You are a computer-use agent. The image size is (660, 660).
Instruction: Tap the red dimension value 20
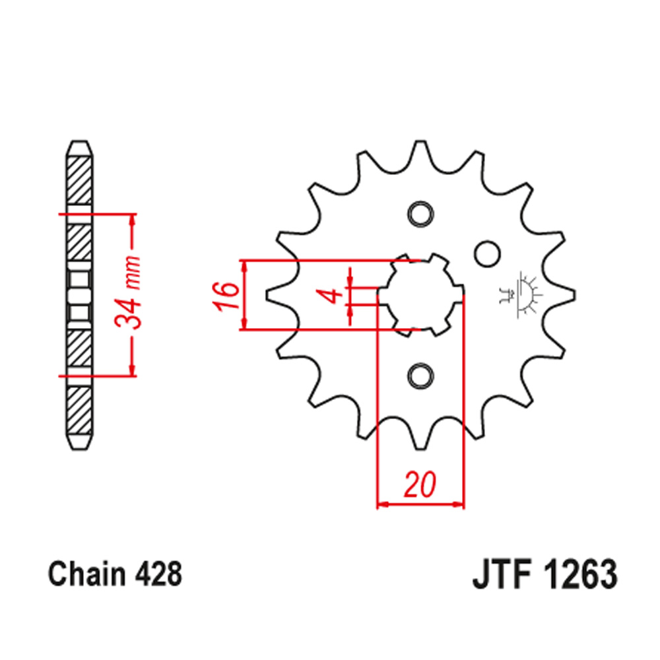point(420,485)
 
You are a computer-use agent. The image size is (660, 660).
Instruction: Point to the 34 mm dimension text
point(129,294)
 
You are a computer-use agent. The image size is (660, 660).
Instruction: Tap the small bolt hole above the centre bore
point(419,214)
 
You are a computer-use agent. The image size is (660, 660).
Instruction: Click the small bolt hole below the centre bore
point(419,375)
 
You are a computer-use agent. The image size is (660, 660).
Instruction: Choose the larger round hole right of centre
point(486,253)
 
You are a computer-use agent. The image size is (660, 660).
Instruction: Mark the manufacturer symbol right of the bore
point(521,294)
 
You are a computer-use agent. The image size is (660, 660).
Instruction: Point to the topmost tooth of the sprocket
point(419,150)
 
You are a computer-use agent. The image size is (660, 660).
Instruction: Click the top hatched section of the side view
point(79,178)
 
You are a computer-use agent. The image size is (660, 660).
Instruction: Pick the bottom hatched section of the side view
point(79,409)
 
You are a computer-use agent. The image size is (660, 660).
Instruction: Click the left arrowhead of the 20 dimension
point(381,506)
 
